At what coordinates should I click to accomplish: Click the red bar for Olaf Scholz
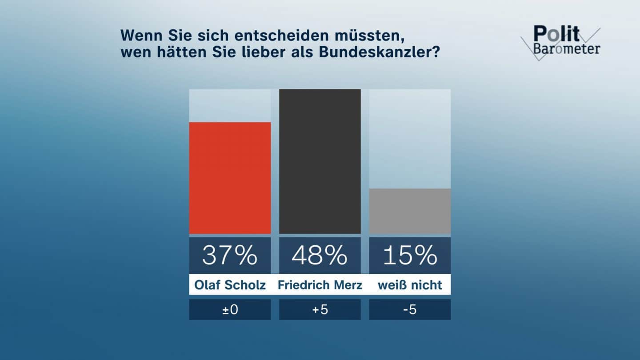click(230, 178)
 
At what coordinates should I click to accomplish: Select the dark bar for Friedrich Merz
click(320, 161)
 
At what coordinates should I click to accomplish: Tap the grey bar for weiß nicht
click(410, 211)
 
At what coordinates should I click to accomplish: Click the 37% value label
click(230, 255)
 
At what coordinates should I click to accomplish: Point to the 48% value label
click(320, 255)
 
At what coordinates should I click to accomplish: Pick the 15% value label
click(410, 255)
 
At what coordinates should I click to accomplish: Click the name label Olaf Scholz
click(230, 284)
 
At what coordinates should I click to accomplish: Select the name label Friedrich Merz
click(320, 284)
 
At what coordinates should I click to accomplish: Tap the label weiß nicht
click(410, 284)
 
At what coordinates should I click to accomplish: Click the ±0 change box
click(230, 309)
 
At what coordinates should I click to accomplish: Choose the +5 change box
click(320, 309)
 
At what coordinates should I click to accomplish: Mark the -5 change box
click(410, 309)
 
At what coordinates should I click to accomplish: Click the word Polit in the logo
click(556, 34)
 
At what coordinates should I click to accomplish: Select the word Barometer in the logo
click(566, 48)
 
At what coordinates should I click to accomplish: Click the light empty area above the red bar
click(230, 105)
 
